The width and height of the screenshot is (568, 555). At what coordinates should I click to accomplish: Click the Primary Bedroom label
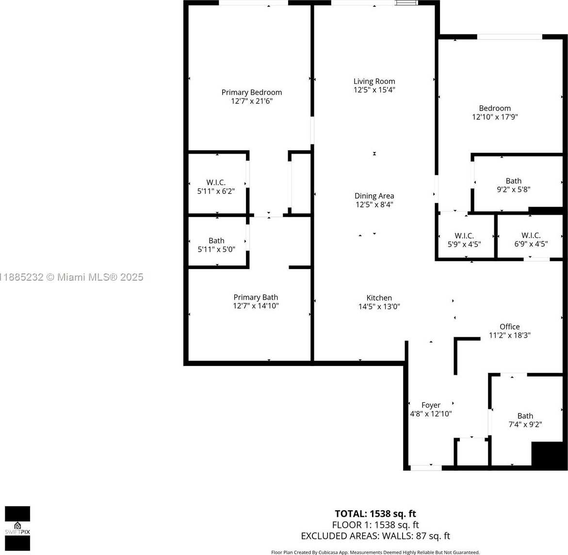coord(252,92)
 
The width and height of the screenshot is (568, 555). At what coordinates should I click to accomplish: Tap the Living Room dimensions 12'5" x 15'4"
coord(374,90)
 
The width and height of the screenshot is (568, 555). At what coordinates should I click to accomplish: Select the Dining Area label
coord(374,196)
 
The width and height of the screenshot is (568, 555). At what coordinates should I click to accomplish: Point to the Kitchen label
coord(379,298)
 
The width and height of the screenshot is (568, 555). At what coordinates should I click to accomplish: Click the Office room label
coord(510,327)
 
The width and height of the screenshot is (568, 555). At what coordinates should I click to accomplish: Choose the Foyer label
coord(431,405)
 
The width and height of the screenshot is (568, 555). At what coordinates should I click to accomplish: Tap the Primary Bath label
coord(256,297)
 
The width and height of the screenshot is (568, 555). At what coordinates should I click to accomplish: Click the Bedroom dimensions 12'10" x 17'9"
coord(495,117)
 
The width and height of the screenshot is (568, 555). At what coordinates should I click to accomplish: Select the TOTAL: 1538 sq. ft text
coord(375,514)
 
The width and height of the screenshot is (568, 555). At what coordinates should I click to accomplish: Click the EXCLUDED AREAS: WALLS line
coord(375,536)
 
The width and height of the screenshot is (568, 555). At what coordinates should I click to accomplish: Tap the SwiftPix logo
coord(17,528)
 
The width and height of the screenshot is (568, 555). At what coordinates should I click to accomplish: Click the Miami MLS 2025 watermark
coord(71,277)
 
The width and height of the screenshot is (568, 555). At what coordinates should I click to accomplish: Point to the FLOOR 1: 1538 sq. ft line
coord(375,525)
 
